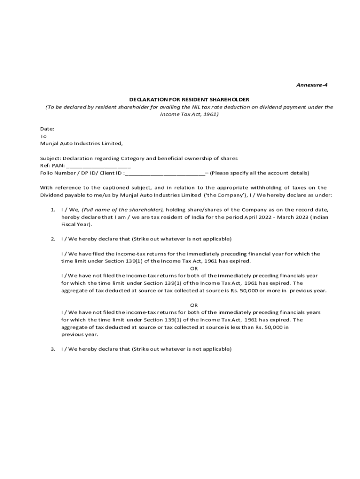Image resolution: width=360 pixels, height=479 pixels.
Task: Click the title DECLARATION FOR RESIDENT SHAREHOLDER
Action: pos(189,100)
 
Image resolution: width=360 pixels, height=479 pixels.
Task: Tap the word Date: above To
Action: pos(47,129)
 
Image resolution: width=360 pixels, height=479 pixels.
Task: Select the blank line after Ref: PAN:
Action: pos(98,166)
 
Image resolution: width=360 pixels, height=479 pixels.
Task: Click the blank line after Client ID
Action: pos(165,173)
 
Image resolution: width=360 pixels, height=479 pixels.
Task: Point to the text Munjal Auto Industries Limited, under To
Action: pos(81,144)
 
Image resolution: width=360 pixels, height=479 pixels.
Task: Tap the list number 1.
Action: pos(53,210)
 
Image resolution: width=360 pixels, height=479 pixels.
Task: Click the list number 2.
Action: pos(53,239)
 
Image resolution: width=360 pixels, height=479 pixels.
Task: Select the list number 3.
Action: pos(53,349)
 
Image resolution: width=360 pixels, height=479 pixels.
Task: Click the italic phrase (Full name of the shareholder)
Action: pos(122,210)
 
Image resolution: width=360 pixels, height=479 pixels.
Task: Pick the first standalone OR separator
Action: pos(194,269)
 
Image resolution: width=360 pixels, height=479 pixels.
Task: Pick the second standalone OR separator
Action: pos(194,305)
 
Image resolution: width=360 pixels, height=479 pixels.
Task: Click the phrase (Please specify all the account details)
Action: pos(259,173)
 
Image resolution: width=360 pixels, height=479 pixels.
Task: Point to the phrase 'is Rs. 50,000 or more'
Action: pos(254,290)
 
